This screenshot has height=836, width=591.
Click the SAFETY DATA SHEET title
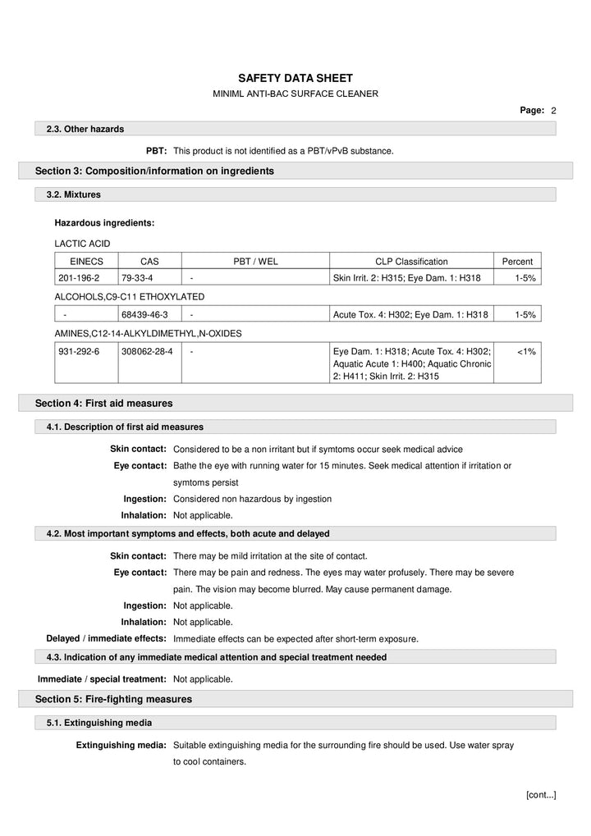tap(295, 77)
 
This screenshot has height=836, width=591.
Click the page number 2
tap(553, 110)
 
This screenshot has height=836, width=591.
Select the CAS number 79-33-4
tap(137, 278)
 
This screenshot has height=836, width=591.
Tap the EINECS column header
tap(85, 262)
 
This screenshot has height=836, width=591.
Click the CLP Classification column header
tap(411, 262)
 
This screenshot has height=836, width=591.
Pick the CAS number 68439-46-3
tap(144, 314)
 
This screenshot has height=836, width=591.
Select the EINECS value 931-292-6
tap(79, 351)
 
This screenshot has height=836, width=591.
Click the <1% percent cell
tap(526, 351)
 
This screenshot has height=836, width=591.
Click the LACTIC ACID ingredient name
tap(82, 244)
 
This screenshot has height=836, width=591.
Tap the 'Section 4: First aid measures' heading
tap(103, 403)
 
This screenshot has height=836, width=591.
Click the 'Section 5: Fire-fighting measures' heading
tap(113, 699)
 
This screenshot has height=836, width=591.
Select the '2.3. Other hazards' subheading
tap(85, 129)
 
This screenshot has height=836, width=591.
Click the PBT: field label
tap(157, 151)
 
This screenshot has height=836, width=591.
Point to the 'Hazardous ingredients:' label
tap(104, 222)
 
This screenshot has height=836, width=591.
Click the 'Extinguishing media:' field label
tap(121, 745)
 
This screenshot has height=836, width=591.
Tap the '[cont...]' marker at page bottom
tap(540, 794)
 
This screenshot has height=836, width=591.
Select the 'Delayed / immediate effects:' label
tap(106, 638)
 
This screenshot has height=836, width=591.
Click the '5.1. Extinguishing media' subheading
tap(98, 723)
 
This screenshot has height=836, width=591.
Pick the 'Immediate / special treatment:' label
tap(102, 679)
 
